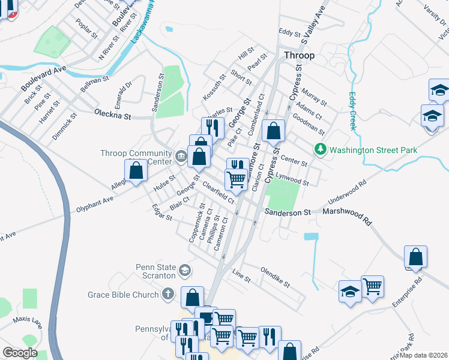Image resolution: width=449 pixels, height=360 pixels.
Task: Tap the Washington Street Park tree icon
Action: (321, 149)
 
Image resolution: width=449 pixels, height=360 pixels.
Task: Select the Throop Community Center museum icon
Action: (181, 157)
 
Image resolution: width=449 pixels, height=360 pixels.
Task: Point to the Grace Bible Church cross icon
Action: (167, 294)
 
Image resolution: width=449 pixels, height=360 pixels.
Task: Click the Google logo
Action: (20, 353)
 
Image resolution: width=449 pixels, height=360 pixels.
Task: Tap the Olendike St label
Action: (275, 277)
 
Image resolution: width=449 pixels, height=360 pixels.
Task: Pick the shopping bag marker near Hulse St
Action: (136, 170)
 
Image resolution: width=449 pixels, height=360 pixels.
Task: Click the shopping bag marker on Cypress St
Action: (273, 131)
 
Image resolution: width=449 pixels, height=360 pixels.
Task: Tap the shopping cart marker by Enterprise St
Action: (372, 286)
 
